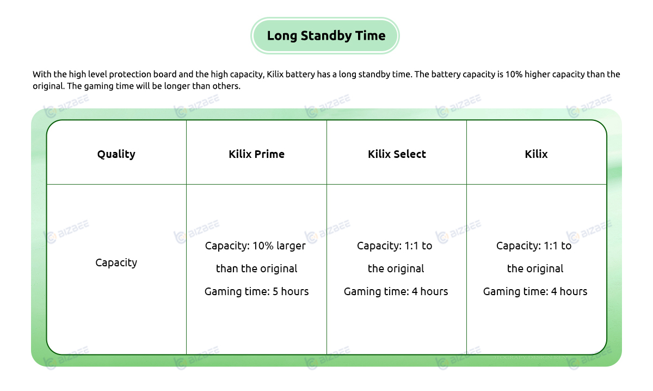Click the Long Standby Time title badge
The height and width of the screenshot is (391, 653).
click(x=325, y=35)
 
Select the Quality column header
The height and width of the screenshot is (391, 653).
click(x=116, y=154)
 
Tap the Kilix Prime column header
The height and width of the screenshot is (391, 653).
click(x=256, y=154)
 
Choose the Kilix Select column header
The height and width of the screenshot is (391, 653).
click(x=397, y=154)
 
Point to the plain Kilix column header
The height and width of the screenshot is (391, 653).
click(x=536, y=154)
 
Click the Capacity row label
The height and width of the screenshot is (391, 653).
click(x=116, y=262)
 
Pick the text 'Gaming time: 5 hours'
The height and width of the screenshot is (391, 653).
click(x=256, y=291)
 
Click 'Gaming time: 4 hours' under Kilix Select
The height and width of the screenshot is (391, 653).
click(x=396, y=291)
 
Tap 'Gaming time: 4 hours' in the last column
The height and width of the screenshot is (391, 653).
click(x=535, y=291)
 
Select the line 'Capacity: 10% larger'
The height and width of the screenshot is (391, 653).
click(x=255, y=246)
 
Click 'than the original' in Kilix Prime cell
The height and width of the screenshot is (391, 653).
click(x=256, y=268)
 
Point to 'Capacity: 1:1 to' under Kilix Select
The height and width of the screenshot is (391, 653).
click(x=395, y=246)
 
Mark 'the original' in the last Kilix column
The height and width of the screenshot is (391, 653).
click(x=535, y=268)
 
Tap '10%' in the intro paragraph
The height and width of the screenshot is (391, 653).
click(x=514, y=74)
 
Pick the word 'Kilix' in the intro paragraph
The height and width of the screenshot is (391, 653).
click(x=275, y=74)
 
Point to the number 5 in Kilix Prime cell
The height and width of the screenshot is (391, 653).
click(x=275, y=291)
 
